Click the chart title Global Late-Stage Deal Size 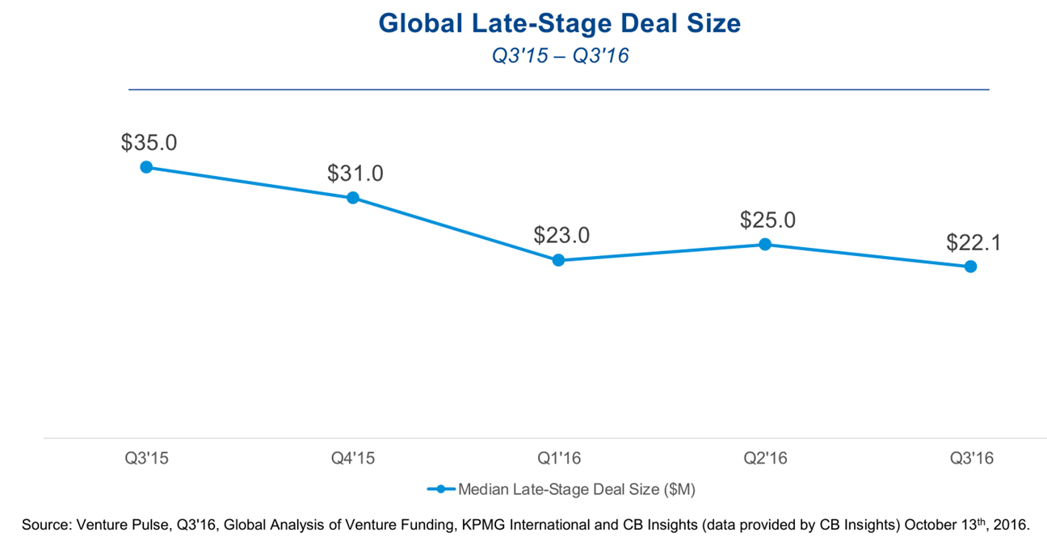pyautogui.click(x=559, y=23)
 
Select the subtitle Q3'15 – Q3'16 pyautogui.click(x=559, y=57)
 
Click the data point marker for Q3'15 pyautogui.click(x=146, y=167)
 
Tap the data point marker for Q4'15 pyautogui.click(x=353, y=198)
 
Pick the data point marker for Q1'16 pyautogui.click(x=558, y=260)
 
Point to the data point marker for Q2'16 pyautogui.click(x=764, y=244)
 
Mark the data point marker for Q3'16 pyautogui.click(x=970, y=266)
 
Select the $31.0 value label pyautogui.click(x=355, y=173)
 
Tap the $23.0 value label pyautogui.click(x=561, y=235)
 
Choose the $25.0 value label pyautogui.click(x=767, y=219)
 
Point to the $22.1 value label pyautogui.click(x=973, y=241)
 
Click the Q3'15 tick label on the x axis pyautogui.click(x=147, y=459)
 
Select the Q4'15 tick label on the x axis pyautogui.click(x=353, y=459)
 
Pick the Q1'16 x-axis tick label pyautogui.click(x=559, y=459)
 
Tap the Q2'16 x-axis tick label pyautogui.click(x=765, y=459)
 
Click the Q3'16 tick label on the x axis pyautogui.click(x=971, y=459)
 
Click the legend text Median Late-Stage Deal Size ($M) pyautogui.click(x=577, y=488)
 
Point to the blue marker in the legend pyautogui.click(x=441, y=488)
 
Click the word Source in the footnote pyautogui.click(x=45, y=526)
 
